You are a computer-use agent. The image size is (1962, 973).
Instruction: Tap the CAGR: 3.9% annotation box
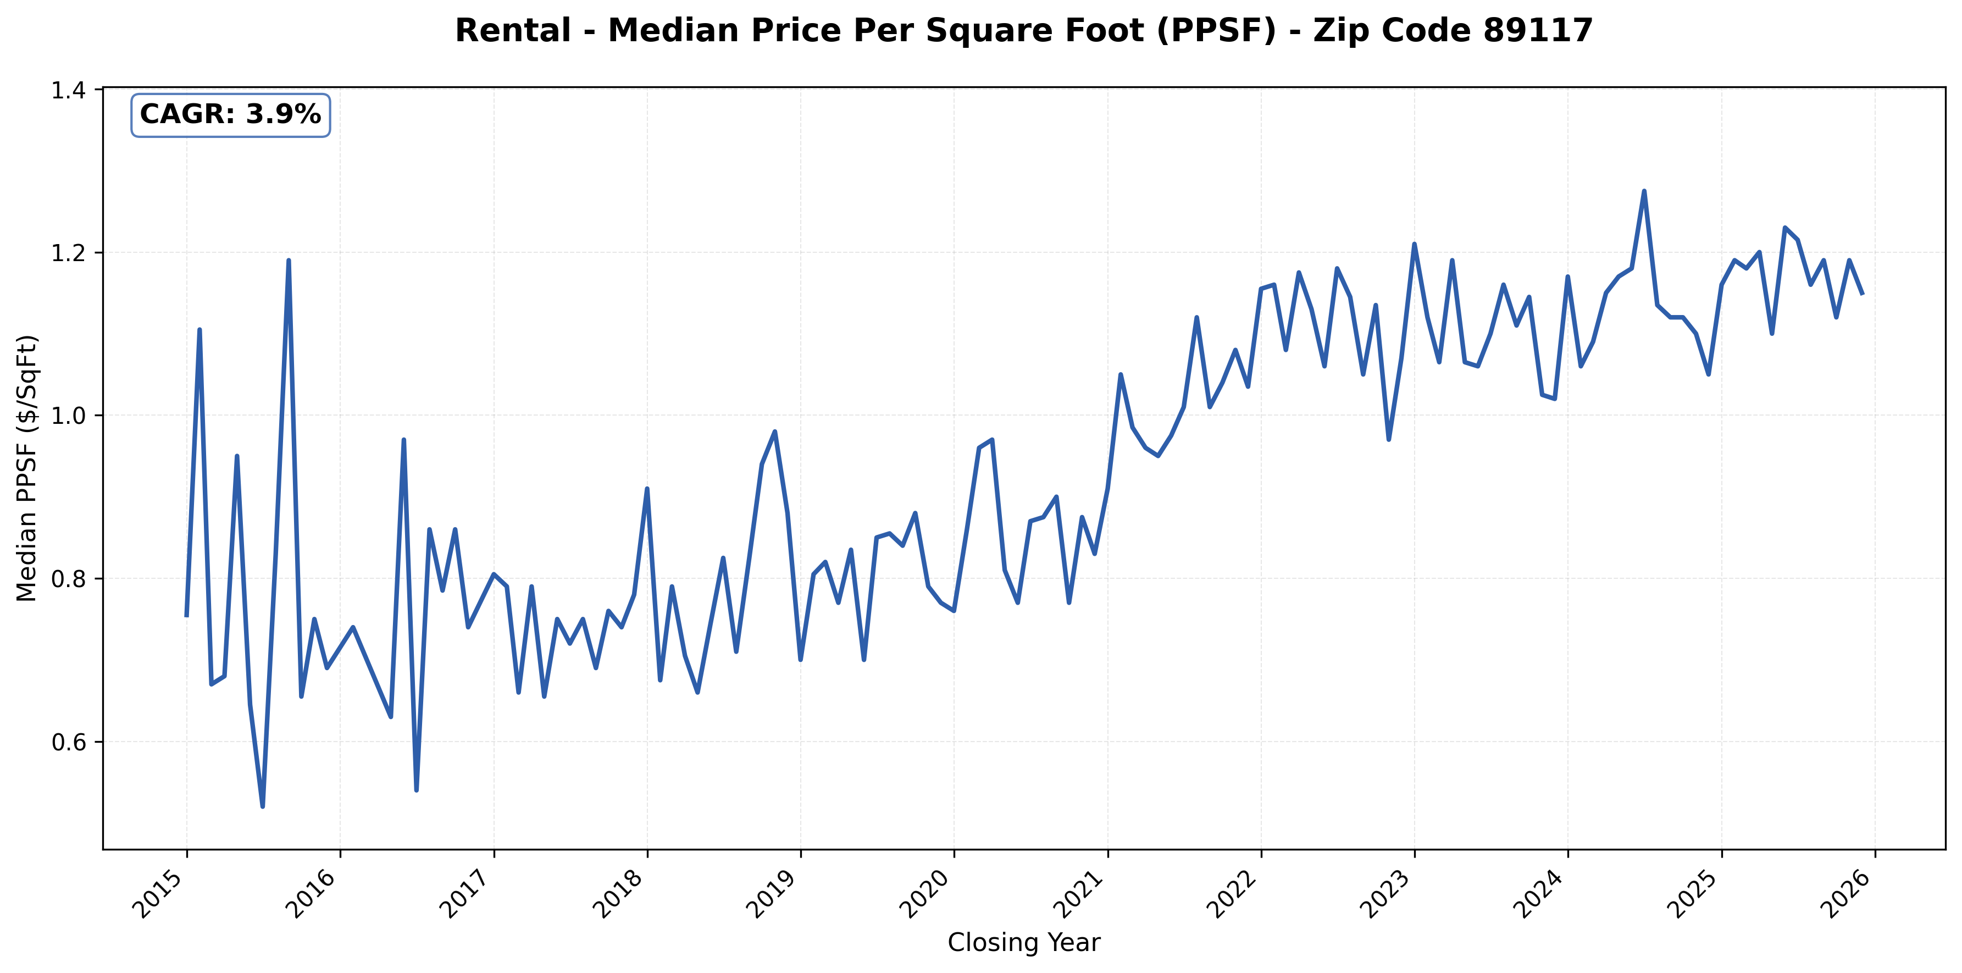230,115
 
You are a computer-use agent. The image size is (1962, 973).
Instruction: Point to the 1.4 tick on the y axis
68,90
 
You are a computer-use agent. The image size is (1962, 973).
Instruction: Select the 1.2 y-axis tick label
68,252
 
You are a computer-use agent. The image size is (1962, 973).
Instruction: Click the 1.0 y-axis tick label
68,415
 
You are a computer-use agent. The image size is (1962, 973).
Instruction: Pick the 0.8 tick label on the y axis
68,578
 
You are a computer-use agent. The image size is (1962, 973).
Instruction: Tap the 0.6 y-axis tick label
68,742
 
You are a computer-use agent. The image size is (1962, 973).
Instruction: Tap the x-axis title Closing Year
1024,943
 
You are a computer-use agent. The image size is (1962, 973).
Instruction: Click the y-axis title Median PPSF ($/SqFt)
27,468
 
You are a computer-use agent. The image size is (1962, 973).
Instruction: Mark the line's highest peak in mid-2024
1644,191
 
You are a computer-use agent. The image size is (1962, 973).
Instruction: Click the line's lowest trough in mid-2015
263,806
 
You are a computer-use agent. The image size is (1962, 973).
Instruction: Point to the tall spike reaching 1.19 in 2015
289,261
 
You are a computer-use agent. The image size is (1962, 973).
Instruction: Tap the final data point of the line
1862,294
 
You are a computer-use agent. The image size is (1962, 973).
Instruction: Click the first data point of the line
187,616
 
